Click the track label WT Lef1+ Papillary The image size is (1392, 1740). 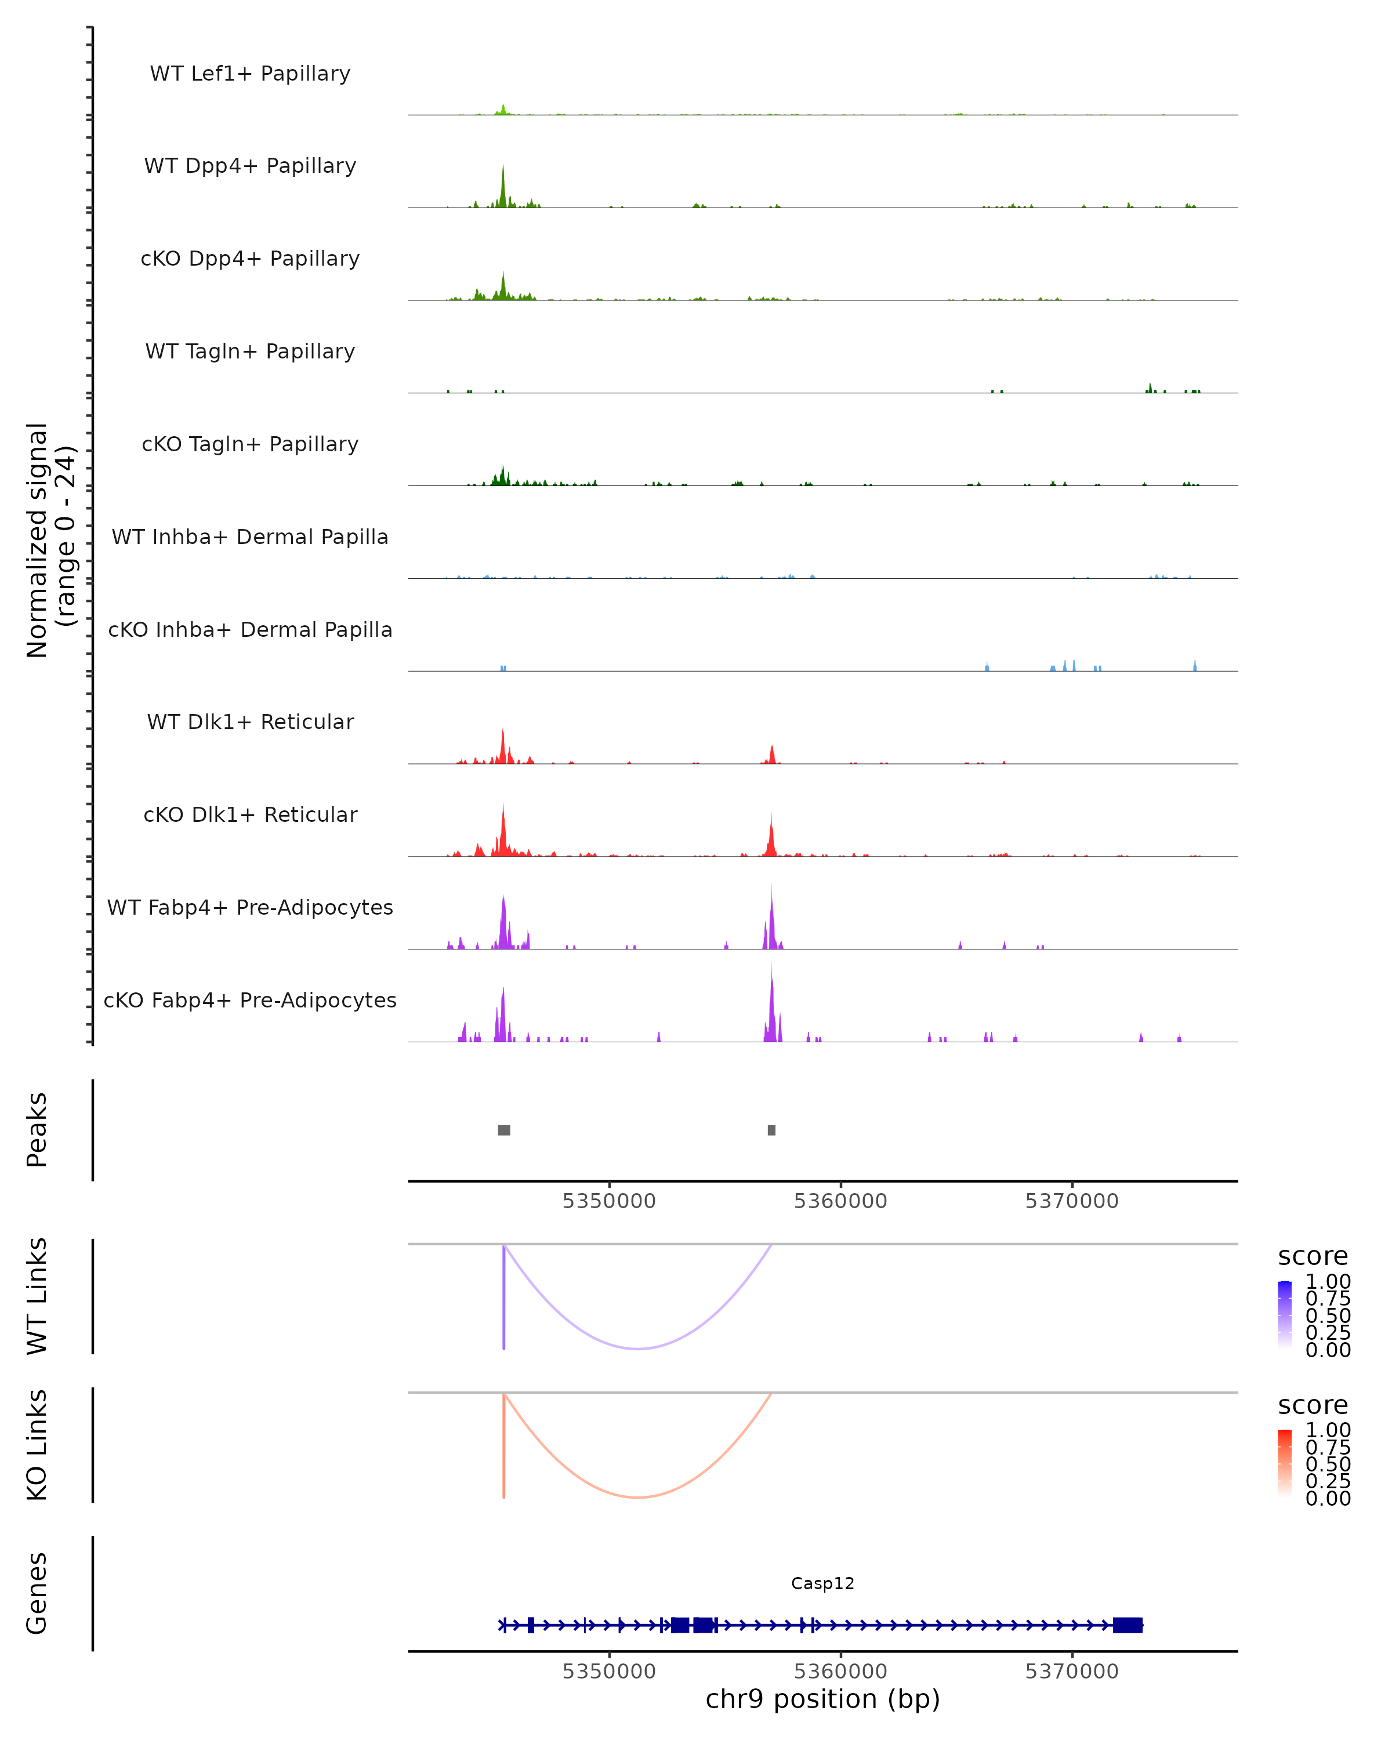250,74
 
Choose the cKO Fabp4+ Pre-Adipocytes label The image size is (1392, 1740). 250,1000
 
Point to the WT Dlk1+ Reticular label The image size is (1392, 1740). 250,722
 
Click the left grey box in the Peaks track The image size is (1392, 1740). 505,1130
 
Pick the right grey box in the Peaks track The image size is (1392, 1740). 771,1130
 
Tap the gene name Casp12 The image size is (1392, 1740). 822,1583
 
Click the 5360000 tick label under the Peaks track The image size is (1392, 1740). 840,1201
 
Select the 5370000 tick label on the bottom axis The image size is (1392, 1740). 1072,1672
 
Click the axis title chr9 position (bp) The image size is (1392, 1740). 822,1699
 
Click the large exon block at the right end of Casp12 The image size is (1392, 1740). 1128,1625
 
